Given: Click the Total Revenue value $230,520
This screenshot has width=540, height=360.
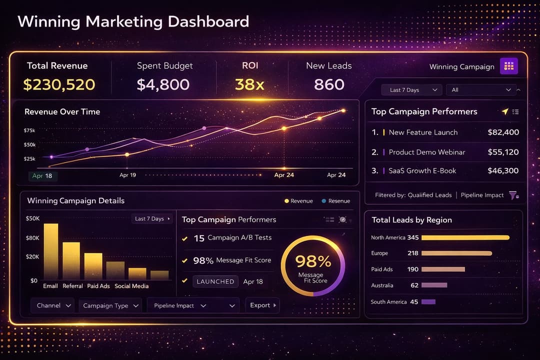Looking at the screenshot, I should click(59, 84).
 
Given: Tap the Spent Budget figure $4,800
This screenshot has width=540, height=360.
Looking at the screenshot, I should click(163, 84).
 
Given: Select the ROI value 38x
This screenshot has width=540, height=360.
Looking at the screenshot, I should click(249, 84).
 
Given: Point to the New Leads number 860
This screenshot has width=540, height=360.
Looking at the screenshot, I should click(329, 84).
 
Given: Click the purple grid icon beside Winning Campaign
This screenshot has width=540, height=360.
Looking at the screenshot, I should click(509, 66).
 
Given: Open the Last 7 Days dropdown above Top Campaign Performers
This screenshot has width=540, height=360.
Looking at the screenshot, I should click(411, 90).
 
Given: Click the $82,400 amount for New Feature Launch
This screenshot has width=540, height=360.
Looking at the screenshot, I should click(503, 132).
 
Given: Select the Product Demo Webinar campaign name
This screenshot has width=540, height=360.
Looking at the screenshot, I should click(426, 152).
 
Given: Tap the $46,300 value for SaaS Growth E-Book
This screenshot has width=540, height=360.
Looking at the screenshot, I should click(503, 171).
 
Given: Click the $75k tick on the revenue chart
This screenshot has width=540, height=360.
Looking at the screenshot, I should click(29, 130).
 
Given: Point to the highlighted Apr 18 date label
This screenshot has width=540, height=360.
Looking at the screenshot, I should click(42, 175).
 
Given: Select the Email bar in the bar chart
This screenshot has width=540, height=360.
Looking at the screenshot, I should click(50, 251).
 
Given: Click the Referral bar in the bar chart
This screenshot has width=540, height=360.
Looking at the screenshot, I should click(71, 260).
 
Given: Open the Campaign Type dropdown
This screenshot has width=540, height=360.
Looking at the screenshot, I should click(110, 305).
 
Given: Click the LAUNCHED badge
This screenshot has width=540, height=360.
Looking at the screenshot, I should click(215, 281).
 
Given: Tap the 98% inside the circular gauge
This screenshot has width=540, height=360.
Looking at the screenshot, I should click(313, 261).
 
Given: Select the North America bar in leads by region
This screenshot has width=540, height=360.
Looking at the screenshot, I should click(465, 237).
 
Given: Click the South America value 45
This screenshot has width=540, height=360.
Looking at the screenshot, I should click(414, 302).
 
